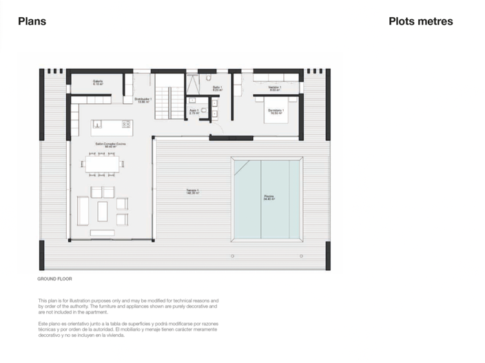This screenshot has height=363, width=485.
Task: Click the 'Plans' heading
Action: (x=32, y=21)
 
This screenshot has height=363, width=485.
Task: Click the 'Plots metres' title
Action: (x=420, y=21)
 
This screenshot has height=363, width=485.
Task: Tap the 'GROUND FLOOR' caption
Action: (x=54, y=280)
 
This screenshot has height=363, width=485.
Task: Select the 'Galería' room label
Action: (x=98, y=82)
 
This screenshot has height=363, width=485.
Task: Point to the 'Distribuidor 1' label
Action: (x=143, y=100)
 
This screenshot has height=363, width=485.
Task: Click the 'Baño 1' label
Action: (x=217, y=88)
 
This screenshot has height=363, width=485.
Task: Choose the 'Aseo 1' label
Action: (x=194, y=111)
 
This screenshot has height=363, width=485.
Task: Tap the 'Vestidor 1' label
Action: (x=273, y=88)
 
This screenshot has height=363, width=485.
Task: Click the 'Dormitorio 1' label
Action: (x=276, y=111)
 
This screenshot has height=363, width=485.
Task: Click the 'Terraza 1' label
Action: (x=192, y=192)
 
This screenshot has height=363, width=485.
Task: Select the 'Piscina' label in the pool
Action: (x=269, y=197)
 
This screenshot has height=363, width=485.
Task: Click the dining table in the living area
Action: (x=102, y=164)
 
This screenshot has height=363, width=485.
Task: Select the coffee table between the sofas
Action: (x=103, y=211)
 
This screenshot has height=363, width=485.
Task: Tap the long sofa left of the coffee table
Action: (x=83, y=210)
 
